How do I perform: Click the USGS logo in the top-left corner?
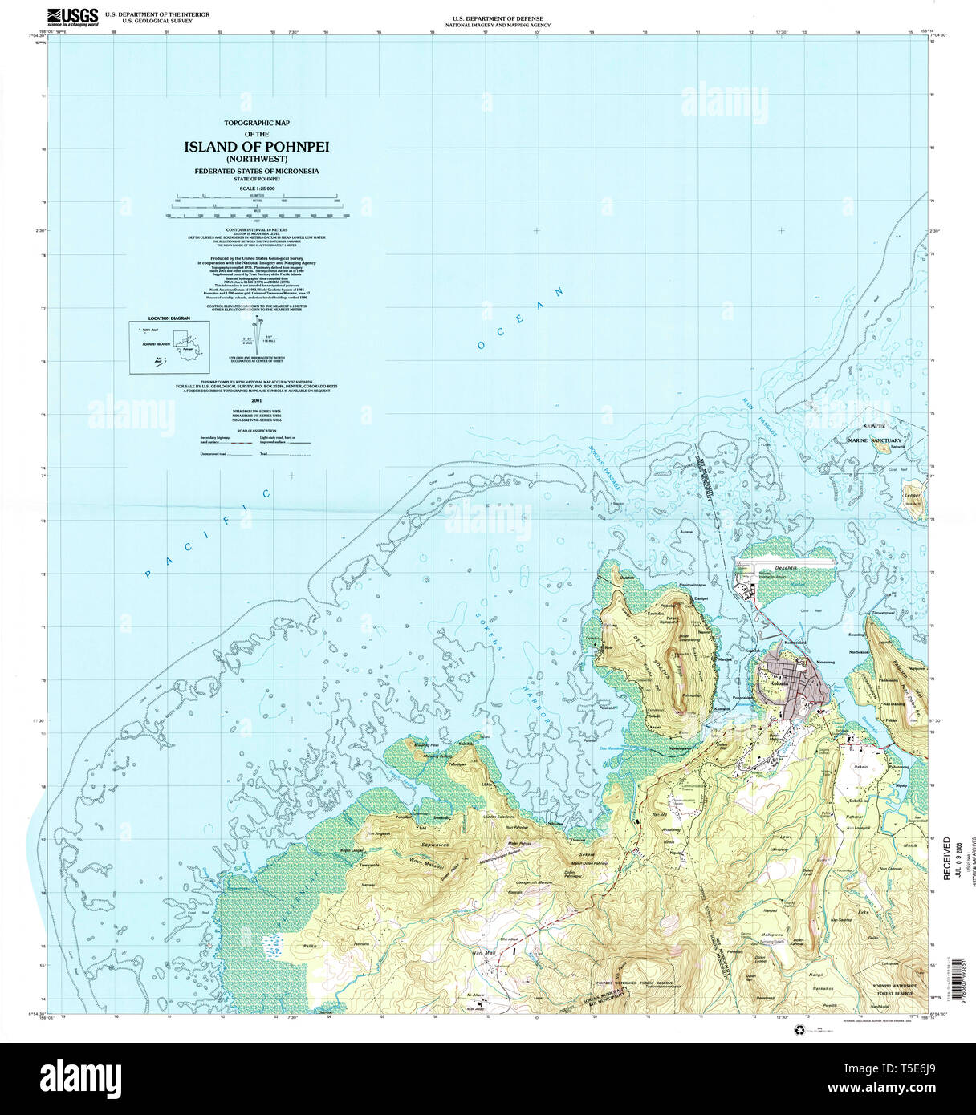72,16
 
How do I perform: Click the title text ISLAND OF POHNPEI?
257,147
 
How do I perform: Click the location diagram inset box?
169,347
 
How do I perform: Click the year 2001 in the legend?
257,399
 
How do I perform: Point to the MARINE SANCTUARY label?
874,440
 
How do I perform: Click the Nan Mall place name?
484,952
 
